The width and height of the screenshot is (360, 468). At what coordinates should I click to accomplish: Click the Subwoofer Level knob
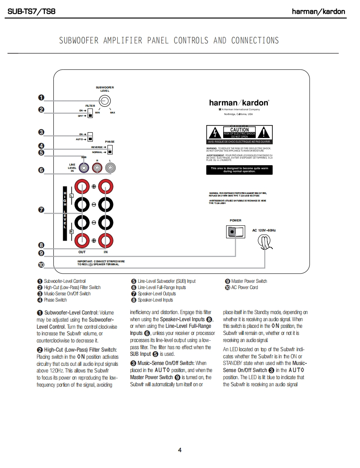(105, 101)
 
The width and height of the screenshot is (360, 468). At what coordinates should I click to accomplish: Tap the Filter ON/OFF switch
(90, 113)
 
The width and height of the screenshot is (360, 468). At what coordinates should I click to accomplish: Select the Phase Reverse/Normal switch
(110, 150)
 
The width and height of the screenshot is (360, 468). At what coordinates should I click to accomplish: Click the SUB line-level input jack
(84, 168)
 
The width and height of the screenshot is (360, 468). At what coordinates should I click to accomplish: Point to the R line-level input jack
(97, 168)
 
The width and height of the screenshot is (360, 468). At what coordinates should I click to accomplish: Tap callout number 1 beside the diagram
(41, 98)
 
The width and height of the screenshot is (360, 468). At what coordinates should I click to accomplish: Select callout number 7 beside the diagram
(41, 210)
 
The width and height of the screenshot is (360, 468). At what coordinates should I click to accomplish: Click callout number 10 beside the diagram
(41, 264)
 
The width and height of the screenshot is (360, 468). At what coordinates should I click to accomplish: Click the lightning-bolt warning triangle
(214, 133)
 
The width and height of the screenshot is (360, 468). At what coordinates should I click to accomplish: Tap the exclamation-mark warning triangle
(264, 133)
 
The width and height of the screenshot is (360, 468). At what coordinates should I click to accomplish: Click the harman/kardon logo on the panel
(239, 102)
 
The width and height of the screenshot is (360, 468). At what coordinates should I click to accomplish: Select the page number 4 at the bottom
(180, 450)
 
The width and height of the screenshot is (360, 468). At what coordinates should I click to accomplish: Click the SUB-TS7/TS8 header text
(31, 11)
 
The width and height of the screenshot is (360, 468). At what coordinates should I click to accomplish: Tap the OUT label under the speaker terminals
(82, 252)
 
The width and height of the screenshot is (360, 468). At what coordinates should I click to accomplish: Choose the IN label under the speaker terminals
(106, 252)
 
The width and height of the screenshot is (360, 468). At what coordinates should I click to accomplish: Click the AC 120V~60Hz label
(264, 230)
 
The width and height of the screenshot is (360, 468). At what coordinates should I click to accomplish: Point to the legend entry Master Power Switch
(249, 281)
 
